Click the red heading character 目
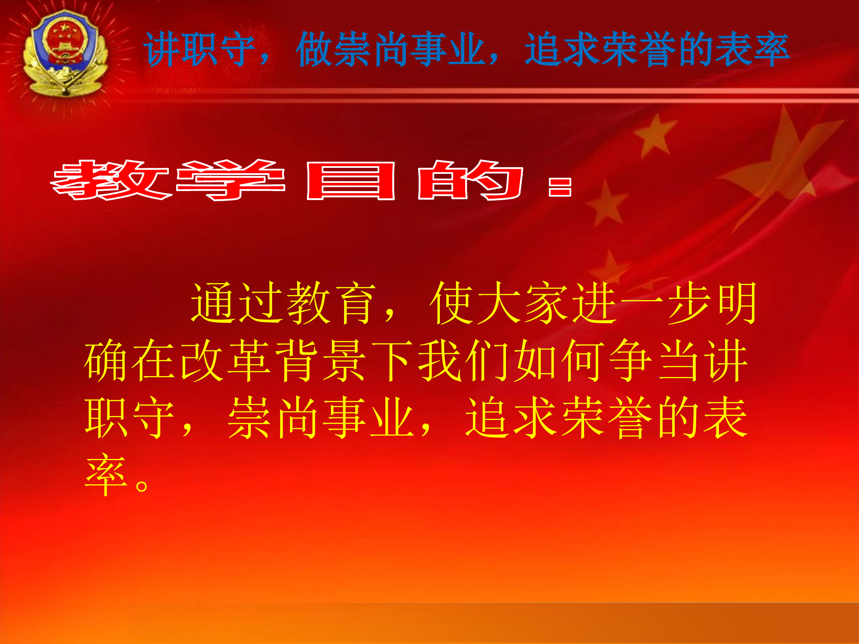point(350,181)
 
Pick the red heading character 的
point(470,180)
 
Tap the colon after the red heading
point(560,187)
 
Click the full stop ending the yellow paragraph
point(142,485)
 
